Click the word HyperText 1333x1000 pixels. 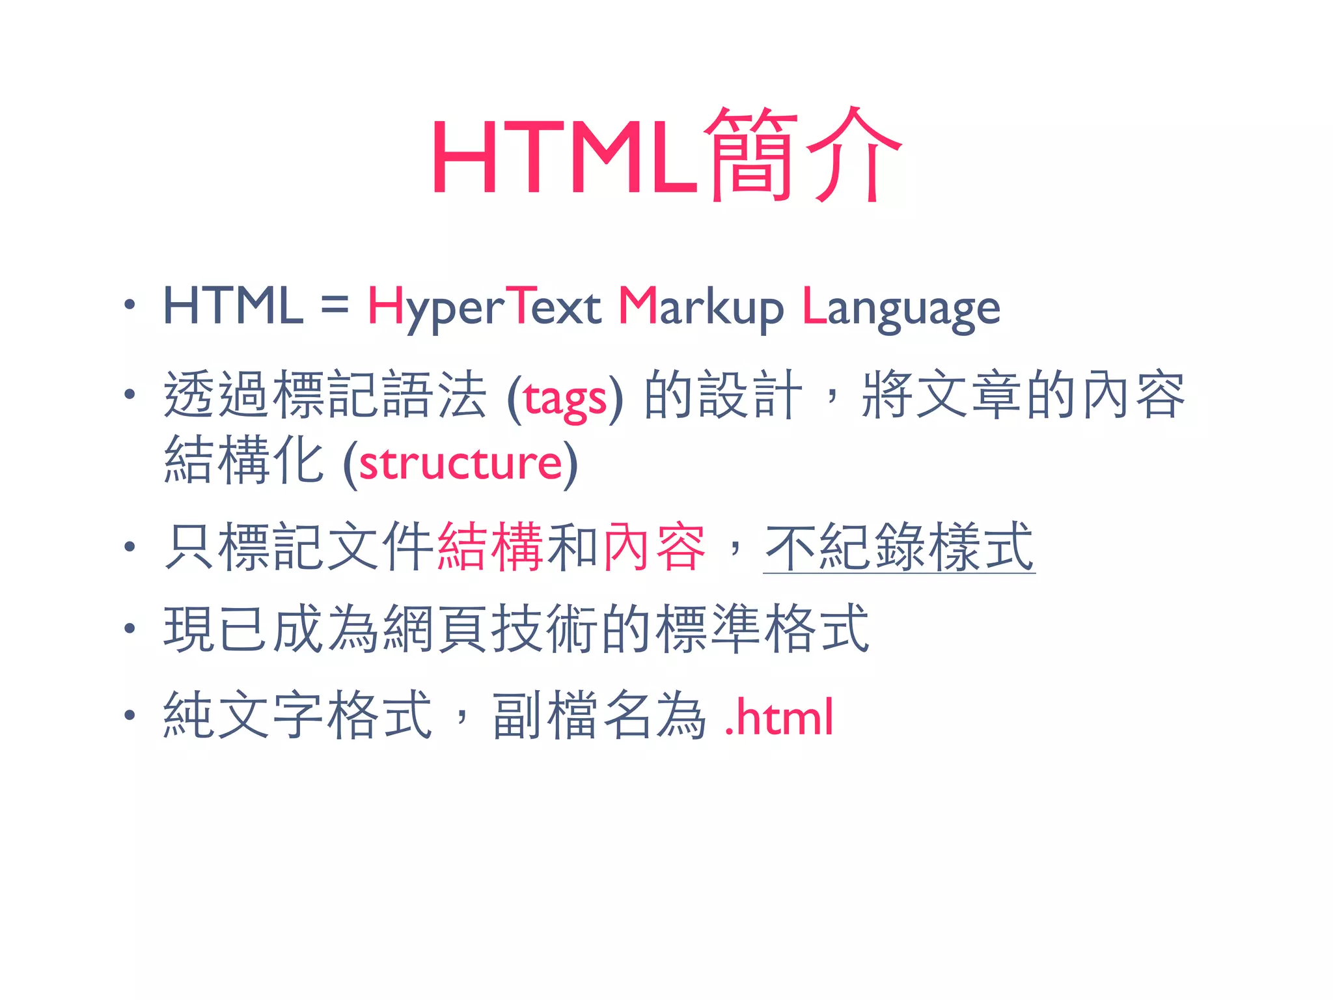coord(484,307)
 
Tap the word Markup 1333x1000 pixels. coord(700,307)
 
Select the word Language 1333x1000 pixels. coord(901,307)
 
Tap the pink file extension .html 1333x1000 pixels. coord(779,716)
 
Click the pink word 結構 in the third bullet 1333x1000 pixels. coord(491,547)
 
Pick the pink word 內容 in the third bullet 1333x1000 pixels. coord(655,547)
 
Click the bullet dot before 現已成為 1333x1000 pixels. coord(130,628)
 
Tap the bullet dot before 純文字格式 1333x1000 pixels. coord(130,715)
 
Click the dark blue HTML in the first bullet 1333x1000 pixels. coord(233,306)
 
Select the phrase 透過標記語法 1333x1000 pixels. coord(324,395)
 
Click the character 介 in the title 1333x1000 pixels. coord(854,155)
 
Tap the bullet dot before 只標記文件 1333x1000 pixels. coord(130,547)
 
